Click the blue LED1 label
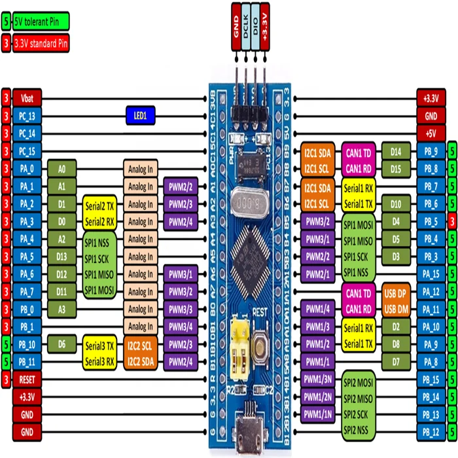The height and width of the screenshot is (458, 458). (141, 116)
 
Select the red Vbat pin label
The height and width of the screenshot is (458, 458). (27, 98)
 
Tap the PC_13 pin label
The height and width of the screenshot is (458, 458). (27, 116)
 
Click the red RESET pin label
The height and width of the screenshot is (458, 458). (27, 379)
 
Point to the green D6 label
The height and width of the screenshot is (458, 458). (62, 343)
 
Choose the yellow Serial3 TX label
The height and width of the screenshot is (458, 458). (99, 343)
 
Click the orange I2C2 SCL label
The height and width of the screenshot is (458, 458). (141, 343)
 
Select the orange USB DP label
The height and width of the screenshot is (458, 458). (396, 291)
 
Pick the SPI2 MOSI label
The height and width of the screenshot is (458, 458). (358, 379)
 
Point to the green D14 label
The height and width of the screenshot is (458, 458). (396, 151)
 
